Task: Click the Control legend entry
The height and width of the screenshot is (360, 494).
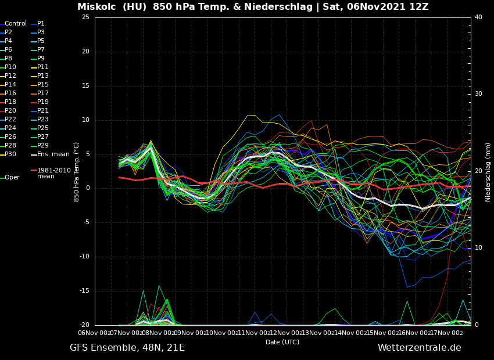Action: (x=15, y=24)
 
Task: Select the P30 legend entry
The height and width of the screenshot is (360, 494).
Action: (x=10, y=154)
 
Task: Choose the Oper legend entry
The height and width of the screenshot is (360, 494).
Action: (x=12, y=178)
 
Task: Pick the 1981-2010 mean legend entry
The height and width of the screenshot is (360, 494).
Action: (x=53, y=173)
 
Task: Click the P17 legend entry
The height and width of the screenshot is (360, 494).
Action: (x=43, y=93)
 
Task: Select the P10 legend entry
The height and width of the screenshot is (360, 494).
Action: (x=10, y=67)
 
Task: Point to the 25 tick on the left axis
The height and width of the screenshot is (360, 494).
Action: (x=85, y=17)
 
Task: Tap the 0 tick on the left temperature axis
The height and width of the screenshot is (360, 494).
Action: (x=87, y=188)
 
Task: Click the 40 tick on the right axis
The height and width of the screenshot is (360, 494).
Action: (x=478, y=17)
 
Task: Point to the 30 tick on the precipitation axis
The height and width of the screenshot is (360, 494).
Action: (x=478, y=94)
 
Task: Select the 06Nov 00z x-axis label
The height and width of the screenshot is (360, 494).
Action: (x=95, y=333)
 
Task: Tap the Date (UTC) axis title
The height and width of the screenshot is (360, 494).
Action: (x=282, y=342)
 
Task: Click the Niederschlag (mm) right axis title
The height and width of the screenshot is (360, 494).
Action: (x=488, y=172)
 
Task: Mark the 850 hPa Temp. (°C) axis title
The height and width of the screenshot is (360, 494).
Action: (x=77, y=172)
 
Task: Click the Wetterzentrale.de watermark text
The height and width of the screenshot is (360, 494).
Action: (x=419, y=348)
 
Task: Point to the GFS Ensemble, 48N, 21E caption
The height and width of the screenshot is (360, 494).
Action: (x=127, y=348)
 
